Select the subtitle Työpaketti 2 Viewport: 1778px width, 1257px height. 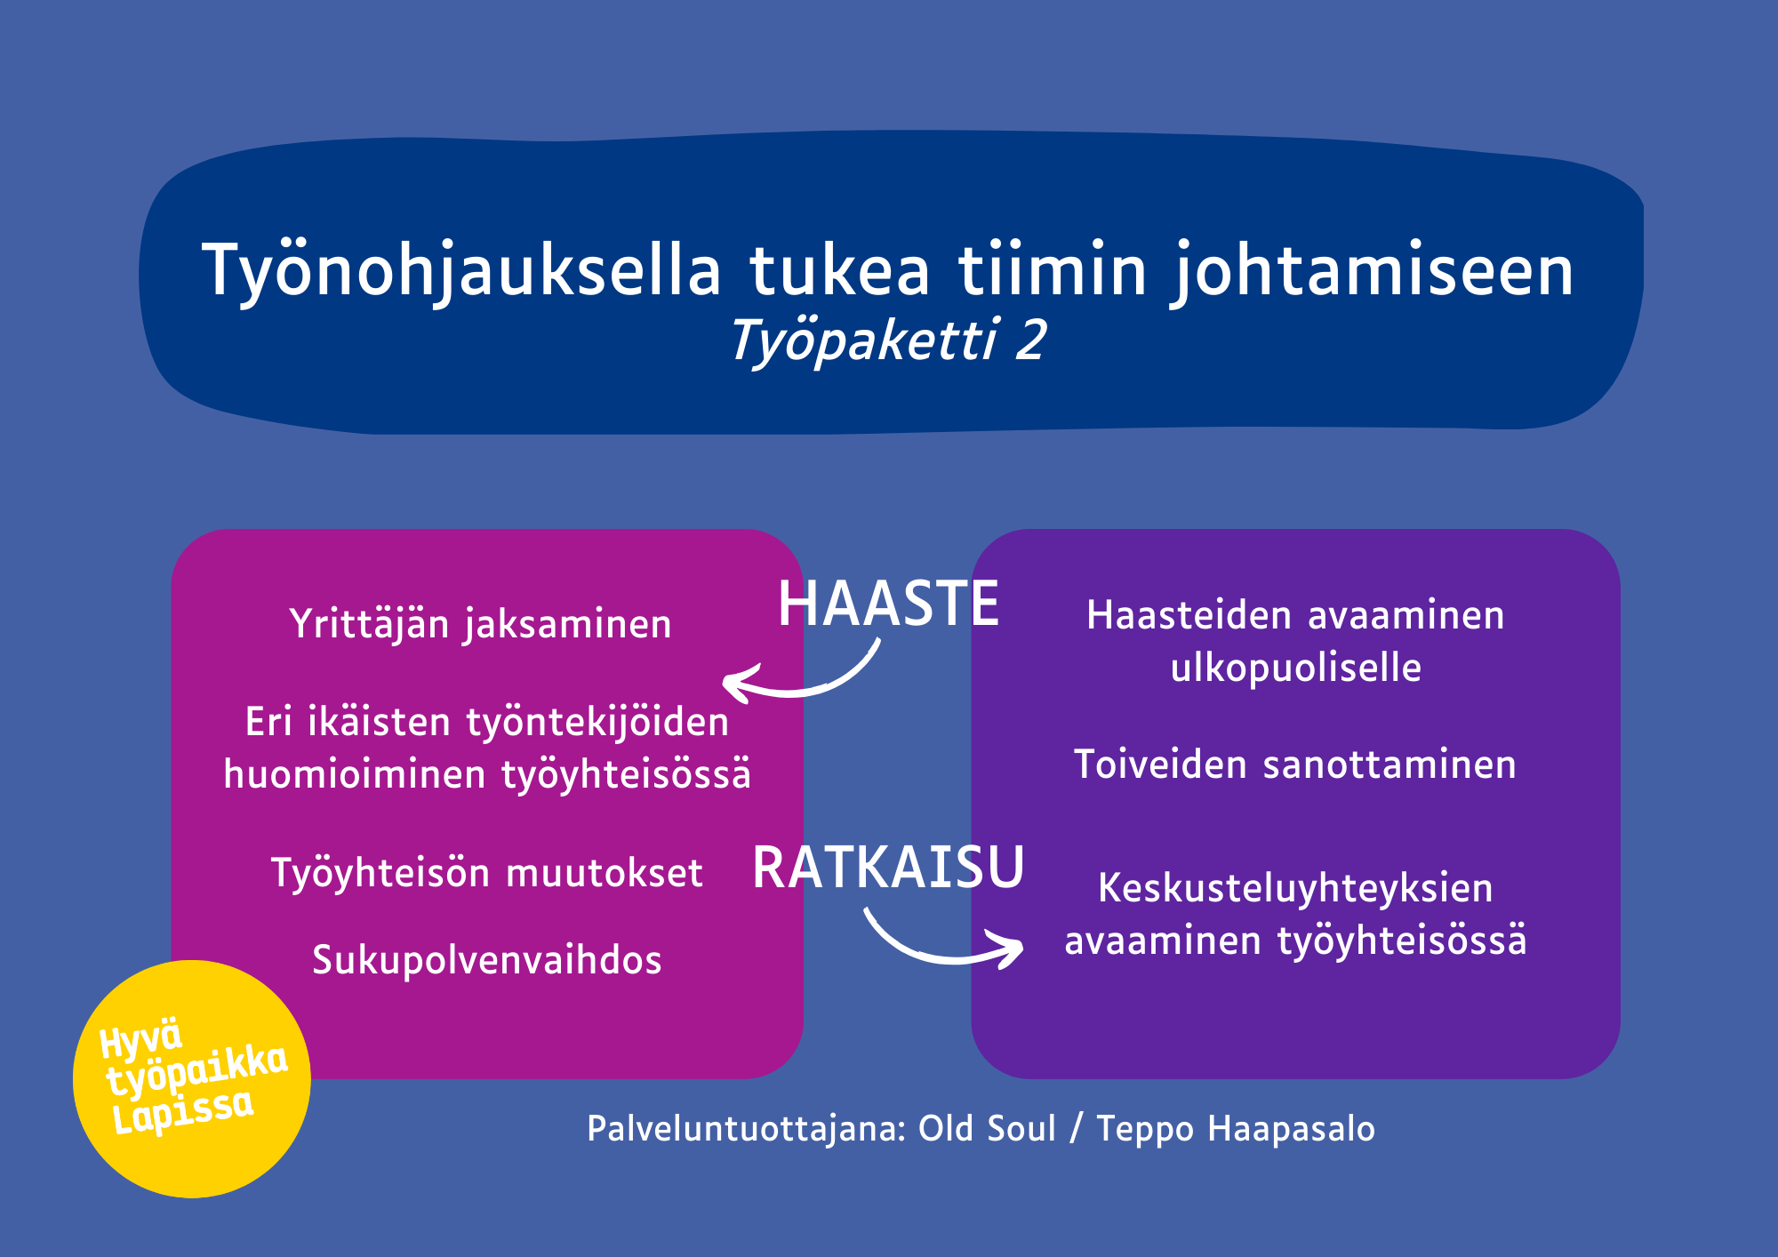click(x=888, y=341)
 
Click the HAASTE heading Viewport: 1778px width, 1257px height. click(x=889, y=604)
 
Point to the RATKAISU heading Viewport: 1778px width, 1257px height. click(x=889, y=867)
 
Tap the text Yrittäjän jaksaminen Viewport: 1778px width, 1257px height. click(x=481, y=624)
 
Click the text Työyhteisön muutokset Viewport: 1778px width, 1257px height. click(x=487, y=873)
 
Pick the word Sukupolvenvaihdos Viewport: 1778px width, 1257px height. click(x=487, y=960)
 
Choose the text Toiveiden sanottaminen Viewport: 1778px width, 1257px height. click(x=1295, y=765)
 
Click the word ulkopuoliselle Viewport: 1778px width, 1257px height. click(x=1296, y=668)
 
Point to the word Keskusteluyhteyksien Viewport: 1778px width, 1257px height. click(x=1296, y=888)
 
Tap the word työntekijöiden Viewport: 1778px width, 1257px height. click(x=598, y=722)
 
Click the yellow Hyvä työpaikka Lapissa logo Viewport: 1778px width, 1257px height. click(x=192, y=1079)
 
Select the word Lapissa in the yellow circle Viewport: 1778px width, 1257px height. click(x=183, y=1111)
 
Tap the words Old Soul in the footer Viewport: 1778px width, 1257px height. click(x=987, y=1128)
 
